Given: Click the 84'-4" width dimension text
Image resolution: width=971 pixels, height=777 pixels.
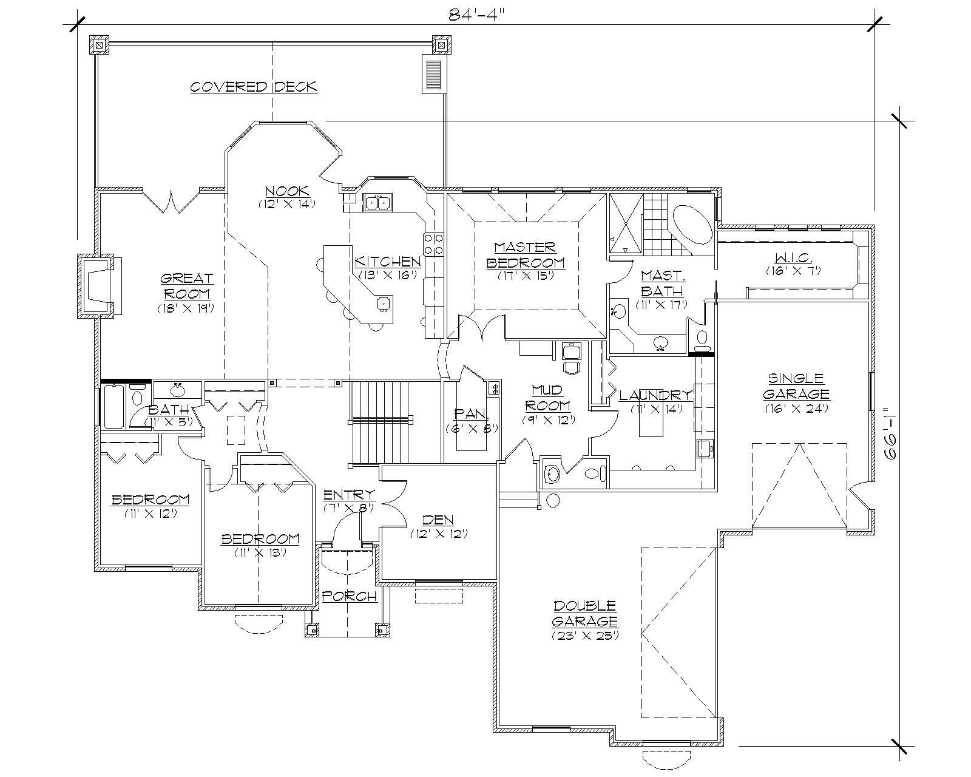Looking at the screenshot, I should pyautogui.click(x=476, y=14).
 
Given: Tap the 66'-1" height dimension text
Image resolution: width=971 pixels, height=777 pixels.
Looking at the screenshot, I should pyautogui.click(x=890, y=434).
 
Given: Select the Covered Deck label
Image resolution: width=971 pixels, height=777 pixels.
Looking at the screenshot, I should pyautogui.click(x=254, y=87).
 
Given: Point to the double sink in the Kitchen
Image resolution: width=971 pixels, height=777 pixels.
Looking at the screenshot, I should pyautogui.click(x=377, y=202).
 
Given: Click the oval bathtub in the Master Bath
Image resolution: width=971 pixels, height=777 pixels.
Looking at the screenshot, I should pyautogui.click(x=691, y=224).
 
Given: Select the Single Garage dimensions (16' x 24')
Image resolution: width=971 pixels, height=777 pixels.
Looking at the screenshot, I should pyautogui.click(x=796, y=409).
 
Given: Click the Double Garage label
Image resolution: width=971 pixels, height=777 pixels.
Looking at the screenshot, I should pyautogui.click(x=585, y=613).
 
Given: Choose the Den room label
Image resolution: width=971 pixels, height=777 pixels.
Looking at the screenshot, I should pyautogui.click(x=439, y=520).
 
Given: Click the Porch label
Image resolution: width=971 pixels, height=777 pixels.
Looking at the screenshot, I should pyautogui.click(x=349, y=596).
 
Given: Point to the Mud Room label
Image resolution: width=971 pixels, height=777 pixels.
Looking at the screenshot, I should pyautogui.click(x=548, y=397).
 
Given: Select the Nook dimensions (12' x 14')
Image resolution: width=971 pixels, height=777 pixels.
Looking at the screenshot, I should pyautogui.click(x=287, y=204).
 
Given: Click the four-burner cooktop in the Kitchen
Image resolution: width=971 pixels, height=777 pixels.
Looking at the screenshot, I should pyautogui.click(x=433, y=244).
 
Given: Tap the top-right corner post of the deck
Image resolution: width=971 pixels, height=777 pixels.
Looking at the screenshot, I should pyautogui.click(x=441, y=44).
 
